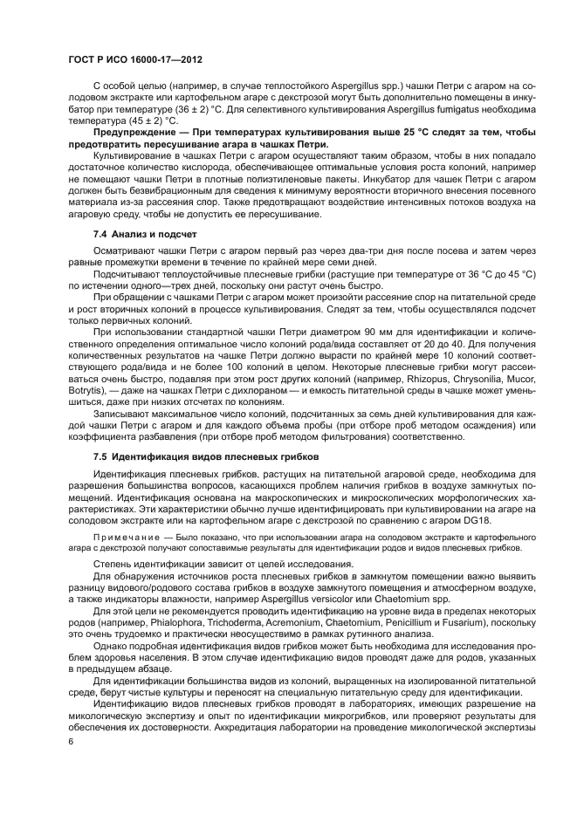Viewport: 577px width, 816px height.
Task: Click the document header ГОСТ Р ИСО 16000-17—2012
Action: click(141, 61)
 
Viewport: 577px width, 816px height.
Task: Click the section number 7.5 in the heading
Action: click(103, 456)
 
